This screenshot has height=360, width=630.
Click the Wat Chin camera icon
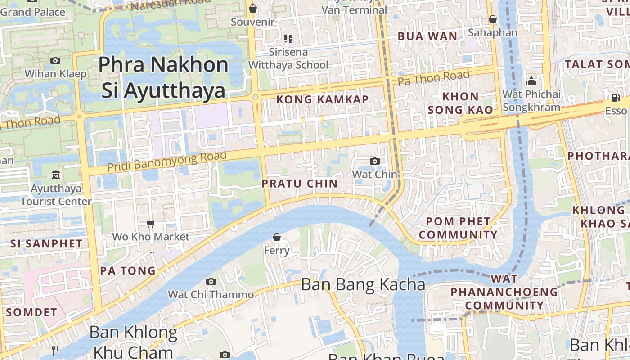(x=374, y=161)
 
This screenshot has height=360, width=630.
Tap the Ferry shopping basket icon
(x=277, y=237)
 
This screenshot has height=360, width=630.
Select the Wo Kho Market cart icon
(x=151, y=224)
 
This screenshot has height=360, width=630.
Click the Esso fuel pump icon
(x=616, y=97)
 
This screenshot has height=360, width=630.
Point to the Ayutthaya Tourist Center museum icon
(x=56, y=175)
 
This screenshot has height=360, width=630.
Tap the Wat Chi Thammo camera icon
(x=211, y=282)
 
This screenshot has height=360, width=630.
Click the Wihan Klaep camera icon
(x=55, y=60)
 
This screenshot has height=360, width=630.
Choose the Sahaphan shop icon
(x=493, y=19)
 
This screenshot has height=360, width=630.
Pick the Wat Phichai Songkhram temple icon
(x=531, y=81)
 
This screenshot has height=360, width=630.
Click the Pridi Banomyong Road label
(x=166, y=161)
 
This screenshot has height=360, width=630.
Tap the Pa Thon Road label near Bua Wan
(x=434, y=78)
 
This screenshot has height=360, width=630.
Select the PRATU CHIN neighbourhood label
(x=300, y=184)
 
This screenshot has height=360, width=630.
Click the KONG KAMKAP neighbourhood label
(x=322, y=99)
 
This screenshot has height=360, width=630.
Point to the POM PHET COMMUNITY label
(x=458, y=228)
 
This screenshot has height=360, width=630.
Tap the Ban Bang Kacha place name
(x=363, y=284)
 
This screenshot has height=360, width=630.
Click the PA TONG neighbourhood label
(x=128, y=271)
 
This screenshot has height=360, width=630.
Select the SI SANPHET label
(x=46, y=244)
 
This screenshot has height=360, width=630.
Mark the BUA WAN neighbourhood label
(x=427, y=36)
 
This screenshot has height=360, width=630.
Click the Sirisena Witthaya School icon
(x=288, y=39)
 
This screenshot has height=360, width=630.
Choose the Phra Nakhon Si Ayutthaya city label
(x=163, y=77)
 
